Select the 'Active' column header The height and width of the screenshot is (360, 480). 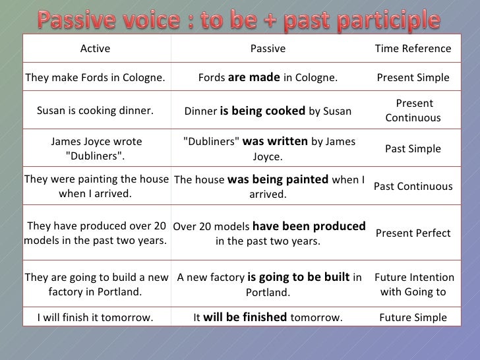[95, 49]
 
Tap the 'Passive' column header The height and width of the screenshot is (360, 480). [268, 49]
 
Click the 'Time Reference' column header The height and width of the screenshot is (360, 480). [413, 49]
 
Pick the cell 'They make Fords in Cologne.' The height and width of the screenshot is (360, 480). [95, 78]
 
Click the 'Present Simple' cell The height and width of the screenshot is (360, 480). [413, 78]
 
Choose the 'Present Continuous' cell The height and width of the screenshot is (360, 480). [413, 111]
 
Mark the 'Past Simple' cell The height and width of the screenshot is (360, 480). [413, 149]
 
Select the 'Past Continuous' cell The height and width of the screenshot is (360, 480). [413, 187]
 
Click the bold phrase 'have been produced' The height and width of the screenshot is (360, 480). [309, 226]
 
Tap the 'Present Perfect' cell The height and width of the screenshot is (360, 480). [413, 233]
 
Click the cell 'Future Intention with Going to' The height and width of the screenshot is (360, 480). [413, 285]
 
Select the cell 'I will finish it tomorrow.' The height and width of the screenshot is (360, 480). [95, 318]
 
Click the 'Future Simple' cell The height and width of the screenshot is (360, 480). [413, 318]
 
